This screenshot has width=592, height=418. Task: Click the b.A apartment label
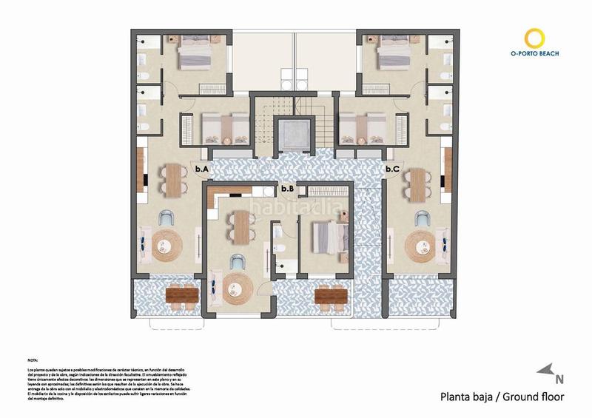click(201, 169)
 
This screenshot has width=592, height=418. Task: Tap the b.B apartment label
click(288, 189)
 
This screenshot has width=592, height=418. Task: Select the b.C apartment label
click(392, 169)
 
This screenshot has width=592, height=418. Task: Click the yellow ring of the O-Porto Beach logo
click(534, 38)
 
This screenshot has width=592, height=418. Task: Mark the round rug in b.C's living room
click(422, 248)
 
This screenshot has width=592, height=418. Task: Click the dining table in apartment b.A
click(175, 181)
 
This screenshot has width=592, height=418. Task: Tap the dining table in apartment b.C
click(420, 183)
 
